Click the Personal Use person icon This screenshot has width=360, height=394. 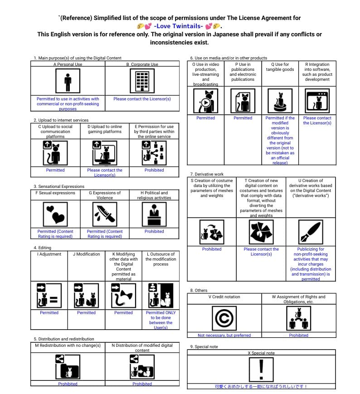click(x=68, y=82)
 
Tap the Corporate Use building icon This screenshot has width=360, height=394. click(x=142, y=82)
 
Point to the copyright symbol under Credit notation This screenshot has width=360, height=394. click(x=224, y=319)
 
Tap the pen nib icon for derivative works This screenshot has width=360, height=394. click(x=311, y=232)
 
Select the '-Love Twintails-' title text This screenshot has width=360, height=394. click(x=179, y=26)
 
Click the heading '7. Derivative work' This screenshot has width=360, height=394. click(x=207, y=174)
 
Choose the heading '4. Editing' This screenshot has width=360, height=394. click(x=42, y=248)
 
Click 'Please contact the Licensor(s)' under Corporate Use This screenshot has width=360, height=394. click(x=142, y=99)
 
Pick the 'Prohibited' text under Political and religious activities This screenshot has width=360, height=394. click(x=154, y=231)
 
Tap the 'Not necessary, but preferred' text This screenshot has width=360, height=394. click(x=224, y=335)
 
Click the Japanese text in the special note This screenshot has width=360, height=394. click(x=261, y=387)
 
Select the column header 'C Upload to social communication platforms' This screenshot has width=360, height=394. click(x=55, y=132)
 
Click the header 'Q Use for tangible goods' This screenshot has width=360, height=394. click(x=280, y=67)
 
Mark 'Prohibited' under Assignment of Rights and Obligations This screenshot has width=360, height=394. click(x=298, y=335)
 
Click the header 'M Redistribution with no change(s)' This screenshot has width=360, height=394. click(x=68, y=345)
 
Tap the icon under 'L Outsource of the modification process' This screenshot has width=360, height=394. click(x=161, y=295)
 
